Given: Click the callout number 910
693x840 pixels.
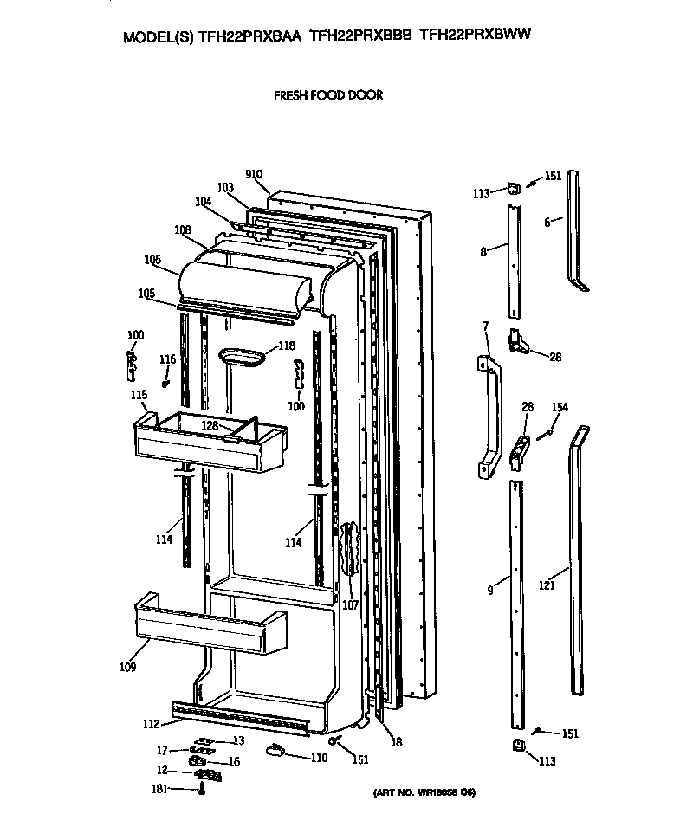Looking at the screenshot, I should point(253,175).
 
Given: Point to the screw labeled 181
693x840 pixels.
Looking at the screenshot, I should point(202,789).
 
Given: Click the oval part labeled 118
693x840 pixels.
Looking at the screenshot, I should point(244,356).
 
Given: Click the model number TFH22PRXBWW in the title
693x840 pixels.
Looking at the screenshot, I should point(475,36).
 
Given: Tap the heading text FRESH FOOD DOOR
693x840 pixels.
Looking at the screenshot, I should point(328,95).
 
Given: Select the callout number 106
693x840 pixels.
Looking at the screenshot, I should point(152,259).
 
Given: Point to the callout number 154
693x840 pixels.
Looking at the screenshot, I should point(560,407).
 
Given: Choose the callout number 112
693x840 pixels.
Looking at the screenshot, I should point(150,724).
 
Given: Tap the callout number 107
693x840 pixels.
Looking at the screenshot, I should point(350,605).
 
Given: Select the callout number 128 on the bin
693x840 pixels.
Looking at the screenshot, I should point(210,426).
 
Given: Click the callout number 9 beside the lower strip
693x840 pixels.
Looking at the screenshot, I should point(490,591).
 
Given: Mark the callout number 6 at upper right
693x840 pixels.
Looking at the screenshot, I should point(547,223).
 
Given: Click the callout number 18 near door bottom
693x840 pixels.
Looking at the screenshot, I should point(397,741).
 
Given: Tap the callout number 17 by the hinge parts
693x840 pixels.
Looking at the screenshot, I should point(162,749).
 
